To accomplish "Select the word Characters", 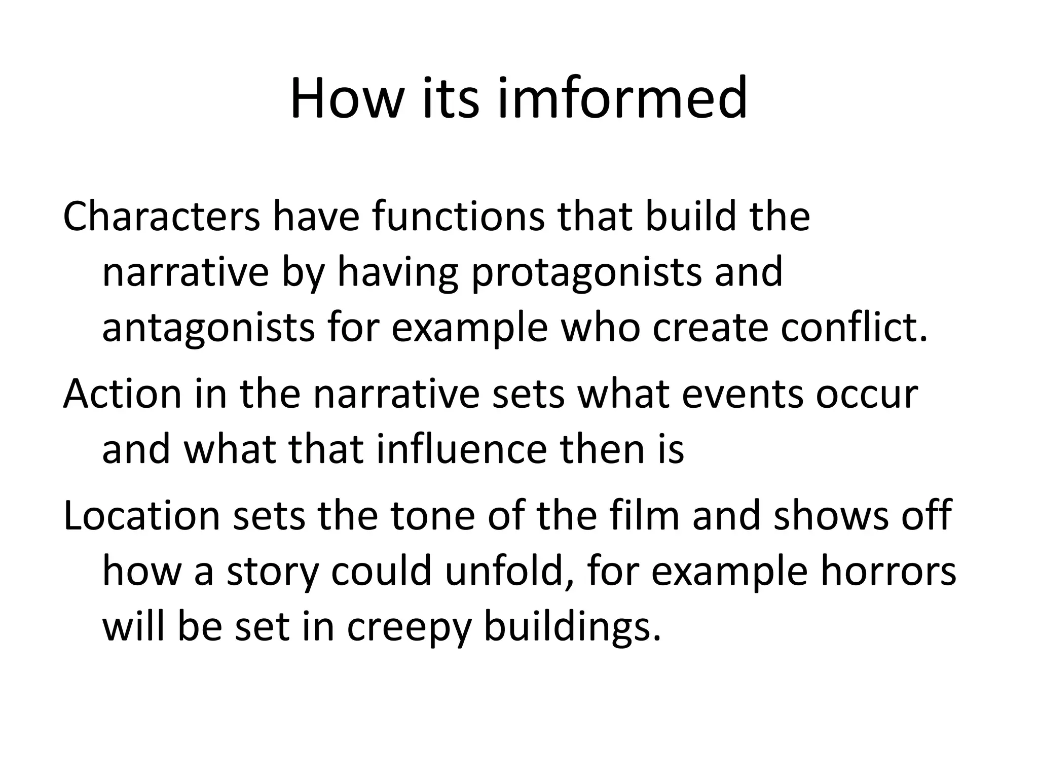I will pyautogui.click(x=161, y=217).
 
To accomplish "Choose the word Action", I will pyautogui.click(x=122, y=394).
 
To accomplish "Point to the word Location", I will pyautogui.click(x=140, y=516).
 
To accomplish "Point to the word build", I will pyautogui.click(x=690, y=217).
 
